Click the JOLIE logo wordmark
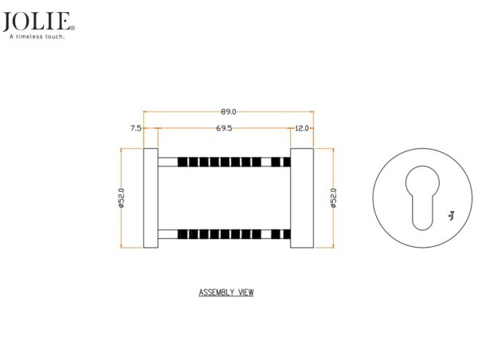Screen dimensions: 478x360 [37, 22]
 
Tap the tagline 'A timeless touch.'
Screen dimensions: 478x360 [37, 37]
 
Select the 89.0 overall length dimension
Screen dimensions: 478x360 [229, 112]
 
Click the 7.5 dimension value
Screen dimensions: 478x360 [135, 128]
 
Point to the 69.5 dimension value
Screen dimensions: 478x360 [224, 128]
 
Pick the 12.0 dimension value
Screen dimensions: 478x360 [302, 128]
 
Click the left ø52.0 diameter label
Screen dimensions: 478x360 [121, 198]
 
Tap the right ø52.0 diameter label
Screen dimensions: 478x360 [334, 198]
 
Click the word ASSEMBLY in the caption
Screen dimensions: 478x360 [217, 292]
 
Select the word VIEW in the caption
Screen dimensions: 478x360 [245, 292]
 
